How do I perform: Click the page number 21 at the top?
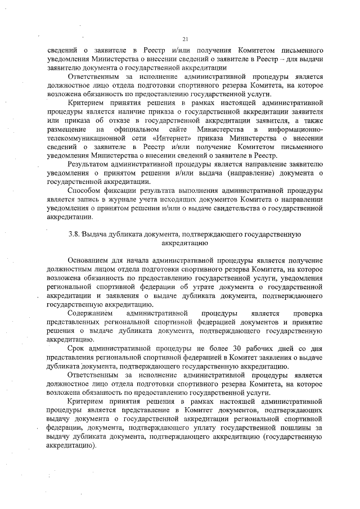(184, 38)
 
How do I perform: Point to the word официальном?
(125, 129)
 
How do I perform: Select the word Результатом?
(88, 164)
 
